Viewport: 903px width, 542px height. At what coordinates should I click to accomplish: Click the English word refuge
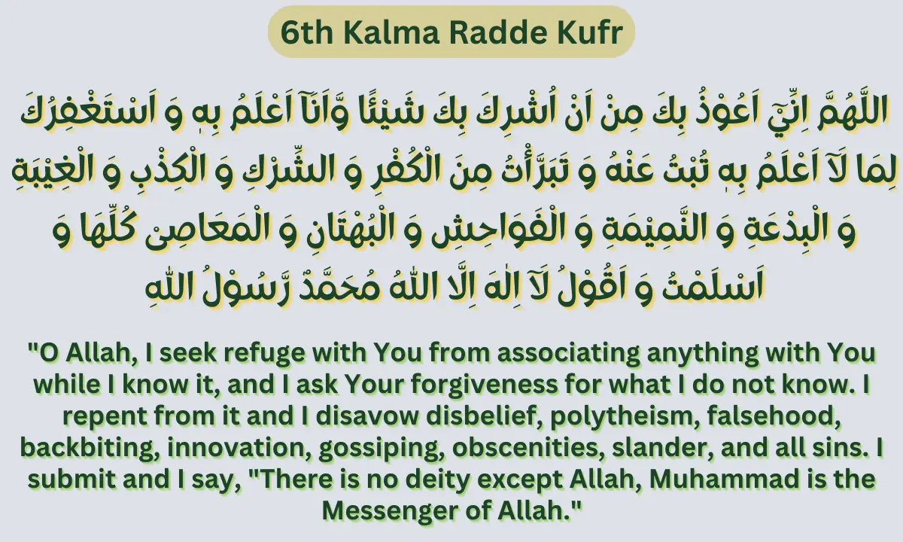220,352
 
